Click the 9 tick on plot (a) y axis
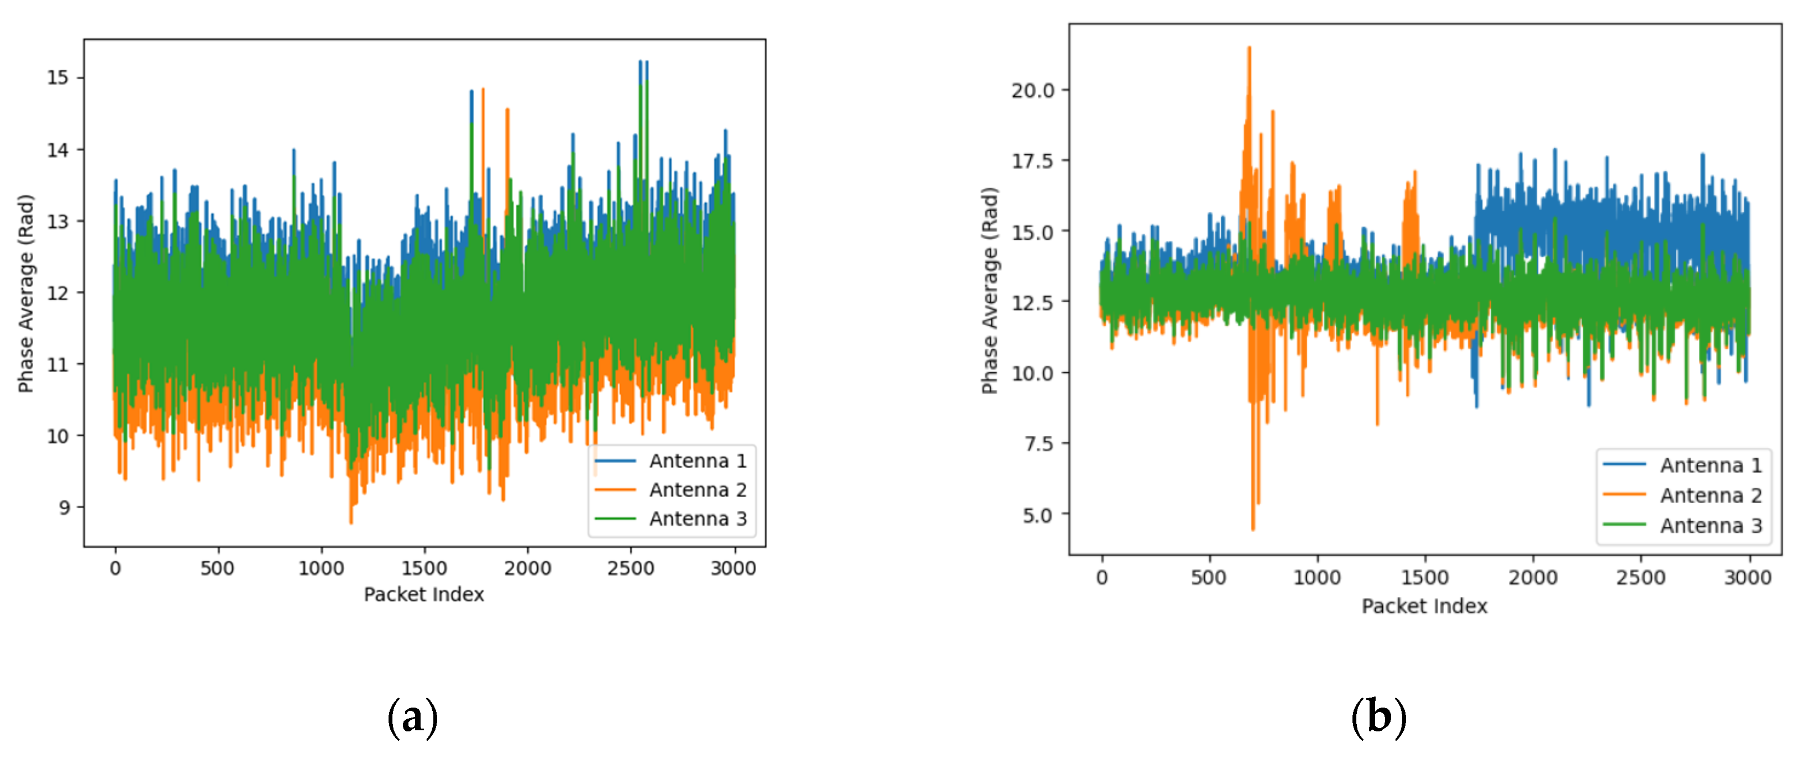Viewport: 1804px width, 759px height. click(65, 507)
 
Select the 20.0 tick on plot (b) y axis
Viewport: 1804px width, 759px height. click(1032, 90)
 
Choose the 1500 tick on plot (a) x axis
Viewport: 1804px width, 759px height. click(424, 568)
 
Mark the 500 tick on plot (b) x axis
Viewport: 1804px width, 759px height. click(1209, 578)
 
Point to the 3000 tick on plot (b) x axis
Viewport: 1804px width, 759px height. click(1748, 578)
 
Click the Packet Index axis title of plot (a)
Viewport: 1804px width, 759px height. click(424, 594)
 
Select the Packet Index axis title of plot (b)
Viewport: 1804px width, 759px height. click(1424, 606)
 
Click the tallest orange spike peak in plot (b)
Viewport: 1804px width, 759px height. click(1249, 48)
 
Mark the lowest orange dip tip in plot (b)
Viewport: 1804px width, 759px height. click(1253, 528)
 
